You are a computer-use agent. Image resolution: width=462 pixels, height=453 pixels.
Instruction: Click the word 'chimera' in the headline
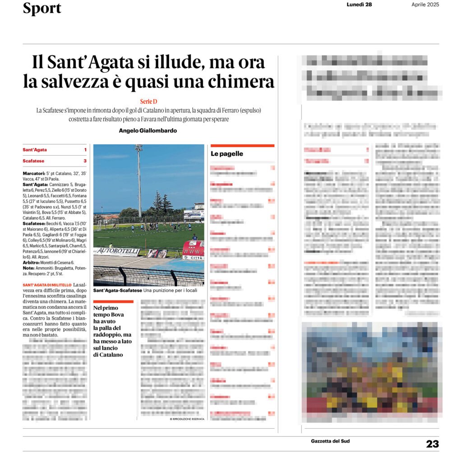(244, 82)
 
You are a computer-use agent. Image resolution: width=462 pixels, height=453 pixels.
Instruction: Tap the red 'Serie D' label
(148, 102)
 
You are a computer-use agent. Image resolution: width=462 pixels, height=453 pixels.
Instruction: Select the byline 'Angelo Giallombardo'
(148, 130)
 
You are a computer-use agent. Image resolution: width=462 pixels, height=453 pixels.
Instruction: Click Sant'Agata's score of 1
(85, 150)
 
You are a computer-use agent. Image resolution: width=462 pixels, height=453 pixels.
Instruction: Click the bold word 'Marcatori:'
(33, 173)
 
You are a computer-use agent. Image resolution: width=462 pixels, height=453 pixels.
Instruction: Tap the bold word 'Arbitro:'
(32, 262)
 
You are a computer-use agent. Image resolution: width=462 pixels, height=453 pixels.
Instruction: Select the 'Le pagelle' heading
(227, 154)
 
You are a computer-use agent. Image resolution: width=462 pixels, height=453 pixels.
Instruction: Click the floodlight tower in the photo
(139, 180)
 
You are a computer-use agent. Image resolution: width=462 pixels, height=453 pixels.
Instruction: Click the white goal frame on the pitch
(97, 226)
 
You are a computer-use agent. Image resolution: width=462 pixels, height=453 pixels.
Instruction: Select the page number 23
(432, 444)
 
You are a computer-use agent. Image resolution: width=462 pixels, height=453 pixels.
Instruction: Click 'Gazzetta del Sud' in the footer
(330, 441)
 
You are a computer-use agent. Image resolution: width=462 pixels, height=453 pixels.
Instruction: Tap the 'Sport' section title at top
(42, 8)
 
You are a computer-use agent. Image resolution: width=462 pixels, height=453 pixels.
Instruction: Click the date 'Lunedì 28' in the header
(359, 5)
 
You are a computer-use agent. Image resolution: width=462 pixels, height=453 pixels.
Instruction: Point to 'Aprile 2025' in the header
(425, 5)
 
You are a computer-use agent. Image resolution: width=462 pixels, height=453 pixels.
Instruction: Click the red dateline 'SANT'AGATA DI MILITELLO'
(47, 285)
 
